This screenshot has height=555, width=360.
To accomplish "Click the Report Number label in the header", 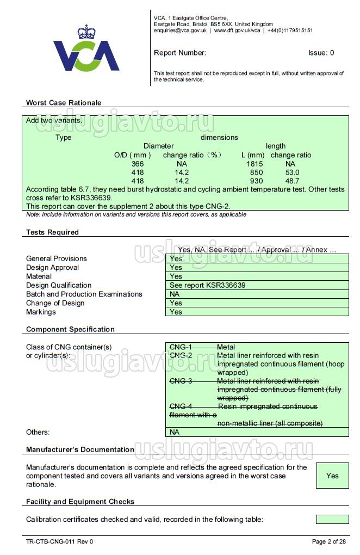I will point(180,53).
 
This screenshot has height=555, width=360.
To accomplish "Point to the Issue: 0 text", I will point(321,53).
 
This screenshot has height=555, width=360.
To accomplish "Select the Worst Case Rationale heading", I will point(64,103).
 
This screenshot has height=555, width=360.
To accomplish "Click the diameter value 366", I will point(138,164).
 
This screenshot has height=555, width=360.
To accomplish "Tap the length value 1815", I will point(255,164).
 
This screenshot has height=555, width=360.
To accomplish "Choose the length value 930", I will point(256,181).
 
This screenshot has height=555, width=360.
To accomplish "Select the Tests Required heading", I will point(52,232).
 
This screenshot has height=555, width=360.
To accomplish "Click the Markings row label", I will point(41,312).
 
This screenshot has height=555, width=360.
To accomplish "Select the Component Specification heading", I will point(70,329).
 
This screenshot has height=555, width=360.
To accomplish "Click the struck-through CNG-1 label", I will point(181,347).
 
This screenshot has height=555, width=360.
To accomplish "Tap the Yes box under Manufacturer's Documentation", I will point(332,476).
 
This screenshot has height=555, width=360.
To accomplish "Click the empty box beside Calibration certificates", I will point(332,520).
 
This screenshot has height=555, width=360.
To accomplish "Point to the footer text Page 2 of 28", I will point(328,541).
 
